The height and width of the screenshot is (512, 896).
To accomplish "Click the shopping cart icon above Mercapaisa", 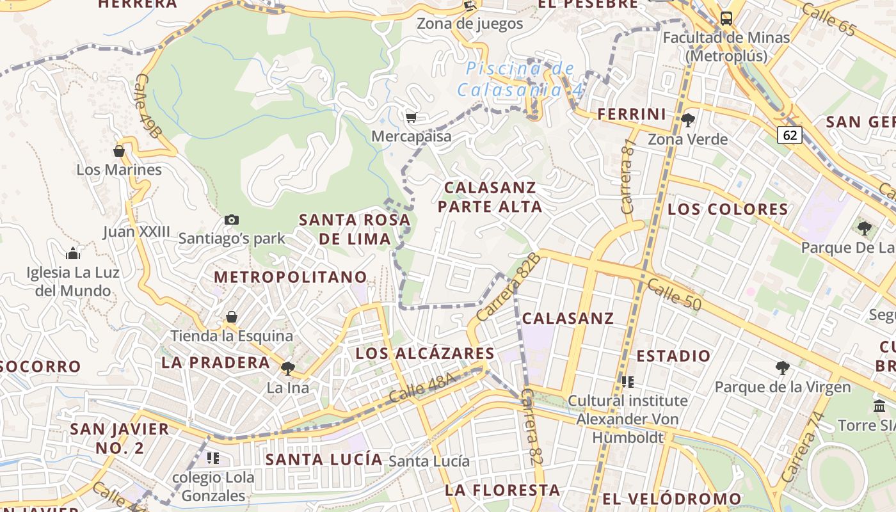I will [x=411, y=116].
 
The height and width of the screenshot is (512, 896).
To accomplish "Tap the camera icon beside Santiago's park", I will [x=232, y=220].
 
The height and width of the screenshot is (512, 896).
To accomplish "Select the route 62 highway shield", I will [x=790, y=135].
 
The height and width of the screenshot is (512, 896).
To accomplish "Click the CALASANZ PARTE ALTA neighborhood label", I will [x=490, y=197].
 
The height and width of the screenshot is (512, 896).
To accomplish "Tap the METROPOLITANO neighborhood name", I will [x=291, y=277].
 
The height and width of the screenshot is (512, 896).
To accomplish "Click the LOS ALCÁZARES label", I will [x=425, y=353].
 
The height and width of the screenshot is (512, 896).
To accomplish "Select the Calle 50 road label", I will [x=673, y=294].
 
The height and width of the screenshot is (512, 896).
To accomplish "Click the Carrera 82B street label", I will [x=509, y=287].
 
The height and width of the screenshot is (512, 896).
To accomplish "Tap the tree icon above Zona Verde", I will [x=688, y=120].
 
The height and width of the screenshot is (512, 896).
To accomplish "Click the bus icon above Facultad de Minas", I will [x=726, y=18].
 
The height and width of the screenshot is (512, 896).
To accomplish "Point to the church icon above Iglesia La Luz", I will [x=73, y=253].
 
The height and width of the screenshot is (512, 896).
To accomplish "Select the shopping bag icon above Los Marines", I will [x=119, y=151].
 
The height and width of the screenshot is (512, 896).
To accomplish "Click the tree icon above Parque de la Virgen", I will [x=782, y=367].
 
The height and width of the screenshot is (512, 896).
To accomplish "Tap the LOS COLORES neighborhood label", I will [x=728, y=209].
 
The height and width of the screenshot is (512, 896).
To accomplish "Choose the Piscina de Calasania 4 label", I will [x=520, y=79].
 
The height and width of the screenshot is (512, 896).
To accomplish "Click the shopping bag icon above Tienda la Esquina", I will [x=232, y=317].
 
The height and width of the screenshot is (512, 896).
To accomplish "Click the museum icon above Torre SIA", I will [x=879, y=406].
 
